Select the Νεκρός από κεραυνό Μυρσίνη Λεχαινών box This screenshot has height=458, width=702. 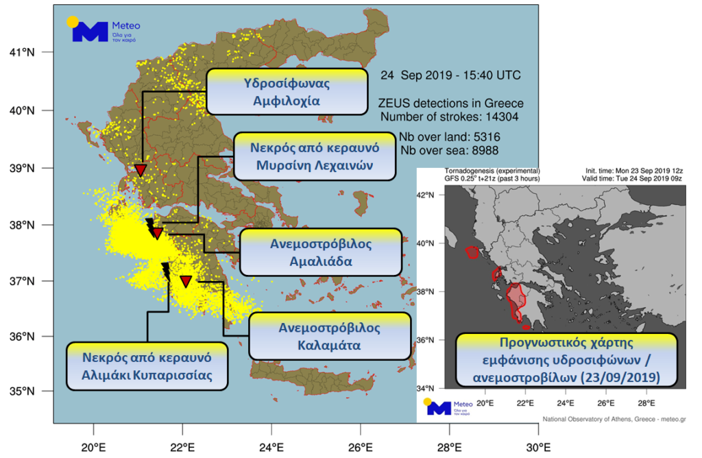[316, 156]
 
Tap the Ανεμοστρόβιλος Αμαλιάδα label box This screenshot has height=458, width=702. [321, 252]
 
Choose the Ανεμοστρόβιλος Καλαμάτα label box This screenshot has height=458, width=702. [330, 337]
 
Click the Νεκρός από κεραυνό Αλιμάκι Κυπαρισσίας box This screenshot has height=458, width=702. [147, 366]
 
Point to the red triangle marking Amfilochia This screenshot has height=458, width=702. [141, 170]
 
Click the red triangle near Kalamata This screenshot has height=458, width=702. [186, 281]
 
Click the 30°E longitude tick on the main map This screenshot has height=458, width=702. [538, 449]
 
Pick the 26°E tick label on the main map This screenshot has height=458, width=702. [361, 449]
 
